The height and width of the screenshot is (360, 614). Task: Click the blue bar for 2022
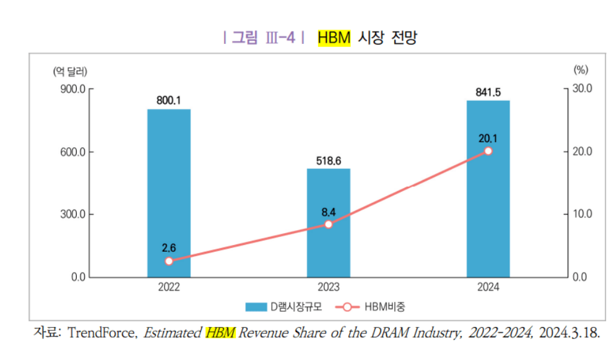[x=168, y=193]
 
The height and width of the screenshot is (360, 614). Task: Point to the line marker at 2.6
[x=169, y=261]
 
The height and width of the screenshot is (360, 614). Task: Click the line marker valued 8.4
[x=328, y=224]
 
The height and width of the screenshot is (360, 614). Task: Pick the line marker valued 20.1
[x=488, y=151]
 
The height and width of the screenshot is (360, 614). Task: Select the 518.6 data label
[x=328, y=160]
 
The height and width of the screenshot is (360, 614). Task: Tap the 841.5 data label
[x=488, y=92]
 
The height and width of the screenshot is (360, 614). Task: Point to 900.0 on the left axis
[x=72, y=89]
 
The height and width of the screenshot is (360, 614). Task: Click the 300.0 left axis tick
[x=72, y=215]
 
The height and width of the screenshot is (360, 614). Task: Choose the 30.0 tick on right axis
[x=582, y=89]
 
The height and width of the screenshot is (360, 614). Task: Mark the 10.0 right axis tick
[x=582, y=215]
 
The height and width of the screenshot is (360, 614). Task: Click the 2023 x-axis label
[x=328, y=288]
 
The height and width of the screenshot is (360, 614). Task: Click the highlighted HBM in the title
[x=334, y=38]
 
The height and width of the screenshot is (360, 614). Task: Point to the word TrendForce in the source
[x=103, y=333]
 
